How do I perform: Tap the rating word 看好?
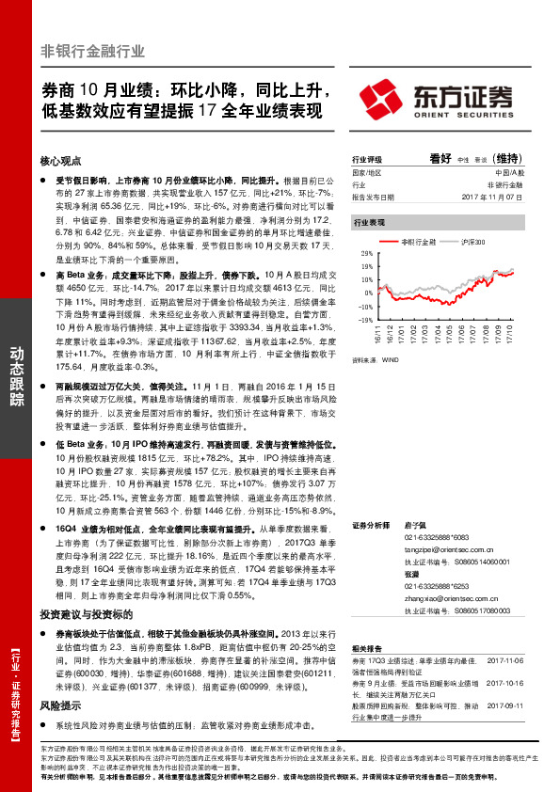(x=440, y=159)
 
